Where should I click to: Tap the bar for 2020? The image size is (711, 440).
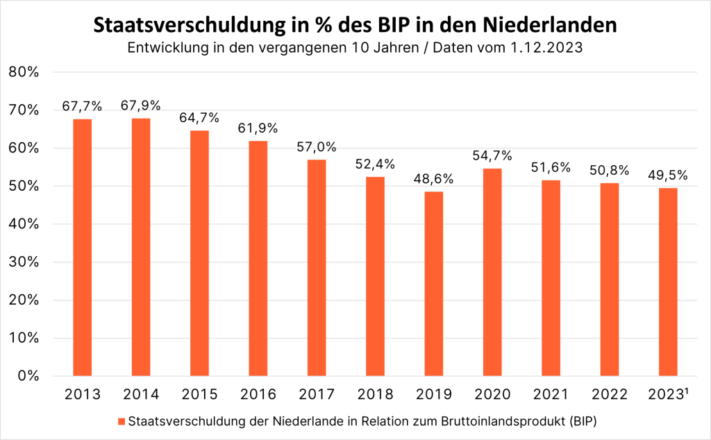click(x=492, y=272)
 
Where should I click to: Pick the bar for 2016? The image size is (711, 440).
click(x=258, y=258)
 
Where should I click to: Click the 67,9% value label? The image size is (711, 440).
click(x=141, y=106)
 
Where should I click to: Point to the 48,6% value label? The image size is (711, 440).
click(x=434, y=179)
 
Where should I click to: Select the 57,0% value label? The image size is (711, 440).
click(x=317, y=147)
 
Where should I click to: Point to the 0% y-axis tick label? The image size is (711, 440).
click(x=28, y=376)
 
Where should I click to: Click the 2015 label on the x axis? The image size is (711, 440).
click(x=199, y=395)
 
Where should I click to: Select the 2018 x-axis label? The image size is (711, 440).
click(x=375, y=395)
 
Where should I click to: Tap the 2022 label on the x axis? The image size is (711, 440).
click(x=609, y=395)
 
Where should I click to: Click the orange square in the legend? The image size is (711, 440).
click(x=122, y=421)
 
